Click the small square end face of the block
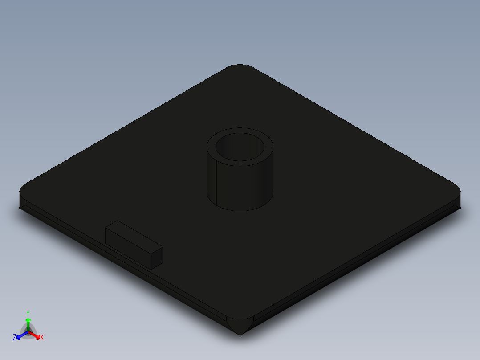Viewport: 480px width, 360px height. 157,258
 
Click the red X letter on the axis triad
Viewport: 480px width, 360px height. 42,338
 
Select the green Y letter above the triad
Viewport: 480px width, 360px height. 28,313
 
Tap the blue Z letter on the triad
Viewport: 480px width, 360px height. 15,338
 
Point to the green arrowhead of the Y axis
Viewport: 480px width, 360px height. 28,320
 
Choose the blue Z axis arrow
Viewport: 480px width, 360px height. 20,335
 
